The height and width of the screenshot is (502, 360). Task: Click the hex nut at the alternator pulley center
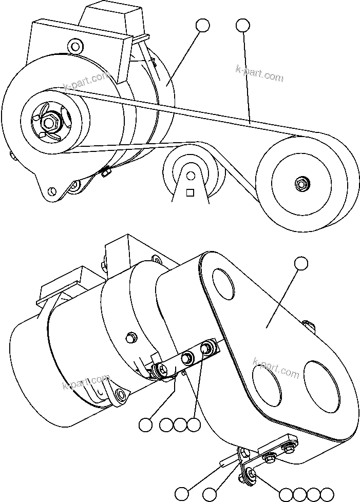pos(49,122)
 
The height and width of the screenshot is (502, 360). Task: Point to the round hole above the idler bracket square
pos(191,176)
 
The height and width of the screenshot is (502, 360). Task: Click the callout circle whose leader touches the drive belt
pos(243,25)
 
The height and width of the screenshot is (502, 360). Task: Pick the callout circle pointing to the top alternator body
pos(203,25)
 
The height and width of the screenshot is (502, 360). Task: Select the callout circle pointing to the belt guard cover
pos(301,263)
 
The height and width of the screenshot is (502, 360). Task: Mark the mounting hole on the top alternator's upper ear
pos(76,46)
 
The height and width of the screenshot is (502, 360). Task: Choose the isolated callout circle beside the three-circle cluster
pos(146,424)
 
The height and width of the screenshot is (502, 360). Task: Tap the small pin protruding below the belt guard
pos(224,462)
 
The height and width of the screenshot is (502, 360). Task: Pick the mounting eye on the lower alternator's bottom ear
pos(120,394)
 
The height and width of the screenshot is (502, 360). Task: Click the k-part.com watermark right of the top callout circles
pos(259,73)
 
